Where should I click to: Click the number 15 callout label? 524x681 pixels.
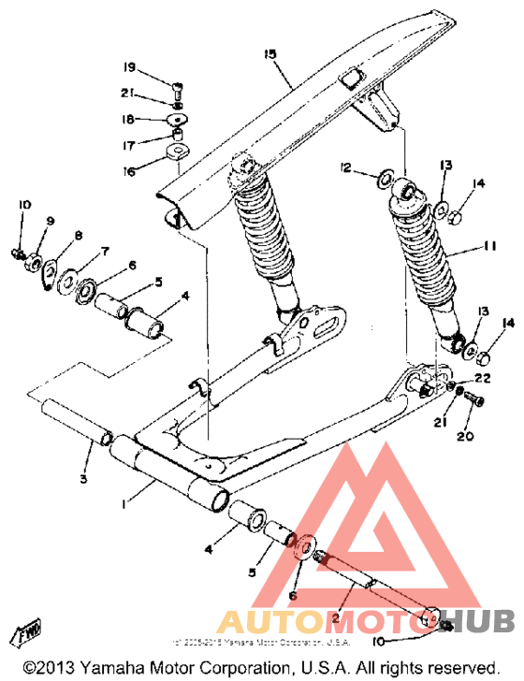point(270,55)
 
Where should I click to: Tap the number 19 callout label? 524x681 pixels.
point(129,67)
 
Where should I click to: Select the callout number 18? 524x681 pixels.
point(129,119)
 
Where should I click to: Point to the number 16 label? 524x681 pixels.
point(129,171)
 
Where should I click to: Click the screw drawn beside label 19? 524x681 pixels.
point(177,90)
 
